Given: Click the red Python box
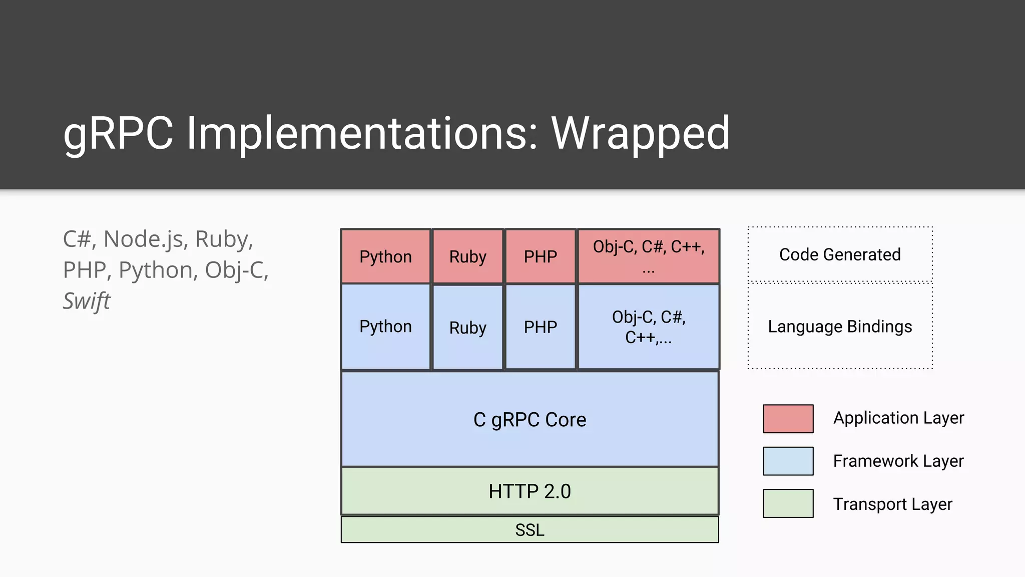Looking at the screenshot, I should click(385, 256).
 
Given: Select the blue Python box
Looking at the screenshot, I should click(385, 327).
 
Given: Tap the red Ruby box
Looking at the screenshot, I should click(467, 256).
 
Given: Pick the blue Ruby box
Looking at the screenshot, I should click(467, 328).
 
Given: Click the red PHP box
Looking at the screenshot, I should click(540, 256).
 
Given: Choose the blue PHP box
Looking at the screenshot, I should click(540, 327).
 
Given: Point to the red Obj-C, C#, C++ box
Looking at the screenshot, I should click(649, 256).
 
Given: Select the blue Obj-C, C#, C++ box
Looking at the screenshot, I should click(649, 327).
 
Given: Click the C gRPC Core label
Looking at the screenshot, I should click(530, 420).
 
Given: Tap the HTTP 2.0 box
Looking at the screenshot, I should click(530, 491).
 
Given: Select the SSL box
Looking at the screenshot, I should click(530, 530).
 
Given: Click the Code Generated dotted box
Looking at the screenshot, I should click(840, 254).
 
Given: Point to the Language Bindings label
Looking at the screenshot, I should click(840, 327).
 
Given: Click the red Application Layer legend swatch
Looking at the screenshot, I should click(788, 419).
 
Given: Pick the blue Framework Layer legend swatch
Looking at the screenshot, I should click(788, 461).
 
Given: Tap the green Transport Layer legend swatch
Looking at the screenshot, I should click(788, 503).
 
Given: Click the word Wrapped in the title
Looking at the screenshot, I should click(640, 134).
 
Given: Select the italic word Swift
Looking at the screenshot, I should click(86, 301).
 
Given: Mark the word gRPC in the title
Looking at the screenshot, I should click(118, 134).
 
